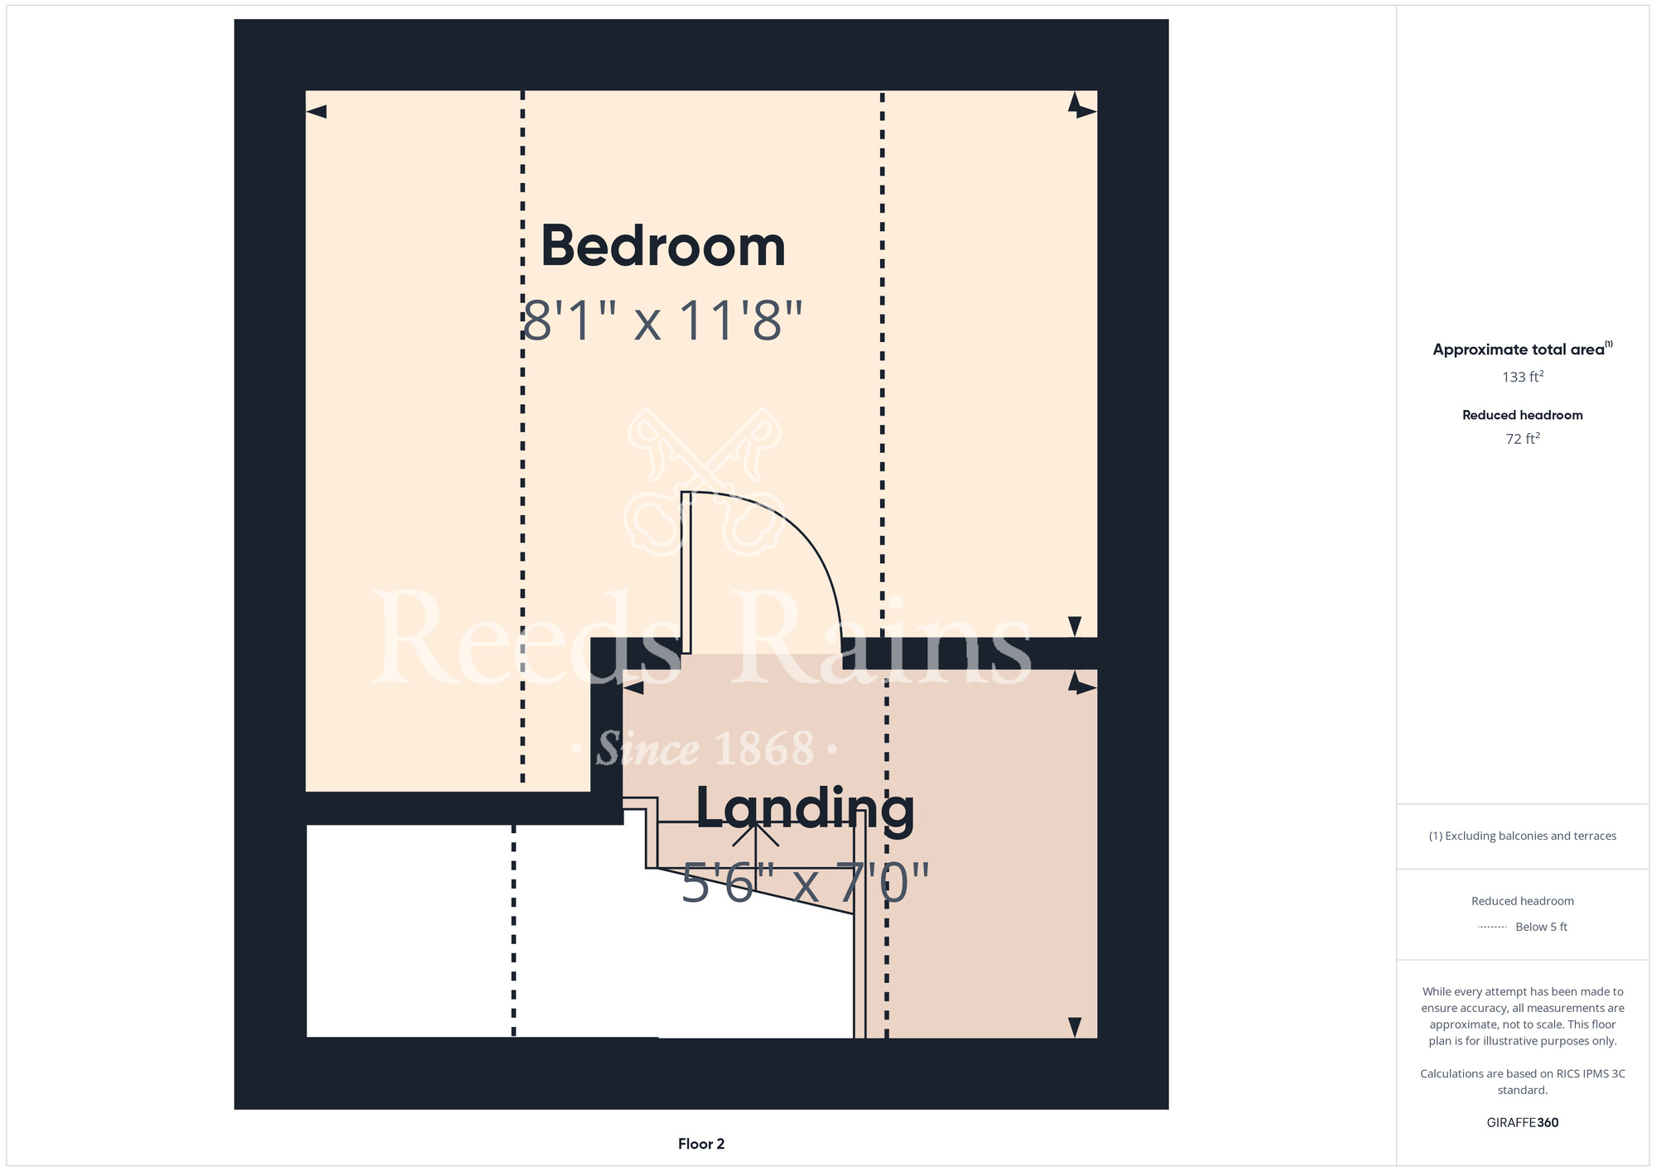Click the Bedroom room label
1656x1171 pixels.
(662, 246)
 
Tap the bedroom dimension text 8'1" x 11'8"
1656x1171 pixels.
(662, 320)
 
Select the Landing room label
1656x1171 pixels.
(805, 809)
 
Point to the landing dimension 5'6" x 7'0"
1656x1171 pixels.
(805, 883)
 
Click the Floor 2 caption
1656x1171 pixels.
(701, 1144)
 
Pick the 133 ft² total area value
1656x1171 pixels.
(1523, 377)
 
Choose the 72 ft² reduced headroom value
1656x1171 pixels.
(1523, 438)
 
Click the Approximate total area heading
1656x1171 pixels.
(1522, 349)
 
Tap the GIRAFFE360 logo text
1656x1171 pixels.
(1523, 1123)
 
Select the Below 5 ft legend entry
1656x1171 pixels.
(1541, 927)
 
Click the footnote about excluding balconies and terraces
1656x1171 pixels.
(1523, 836)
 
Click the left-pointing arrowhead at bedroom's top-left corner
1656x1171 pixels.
(316, 112)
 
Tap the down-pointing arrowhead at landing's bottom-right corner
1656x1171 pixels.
(1075, 1027)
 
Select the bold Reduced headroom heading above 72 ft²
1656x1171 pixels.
(1523, 415)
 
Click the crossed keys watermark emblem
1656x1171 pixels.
(704, 481)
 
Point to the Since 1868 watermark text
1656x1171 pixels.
(705, 749)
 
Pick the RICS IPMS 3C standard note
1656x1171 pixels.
(1523, 1082)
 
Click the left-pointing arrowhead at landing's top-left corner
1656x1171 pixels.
(633, 688)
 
